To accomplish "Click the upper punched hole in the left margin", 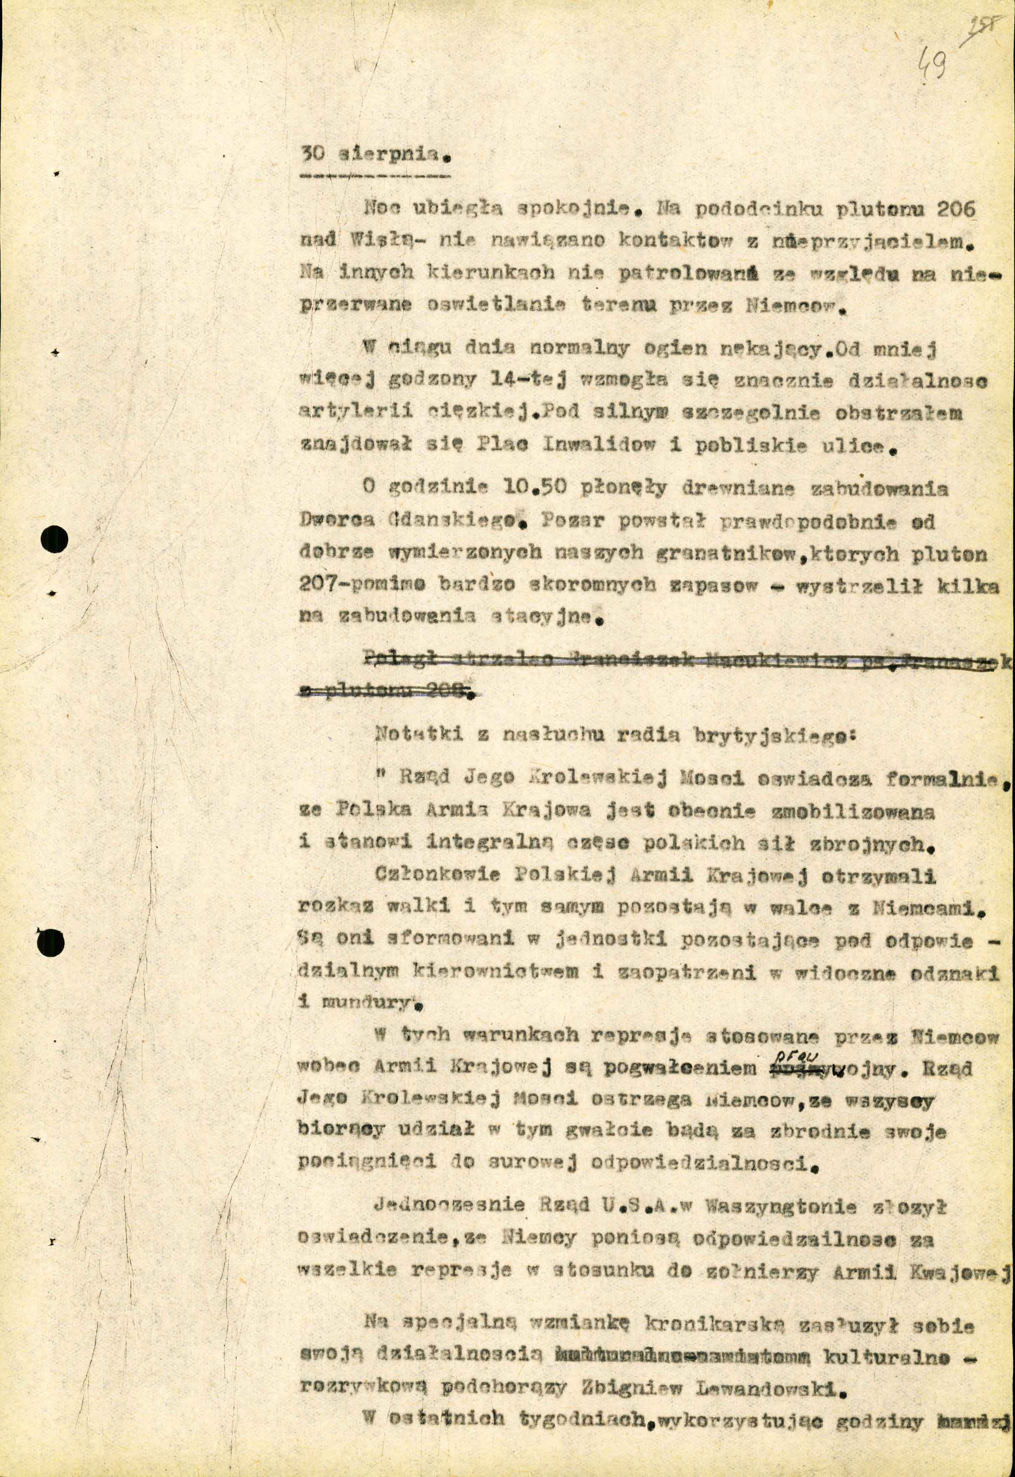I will pyautogui.click(x=54, y=540).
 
